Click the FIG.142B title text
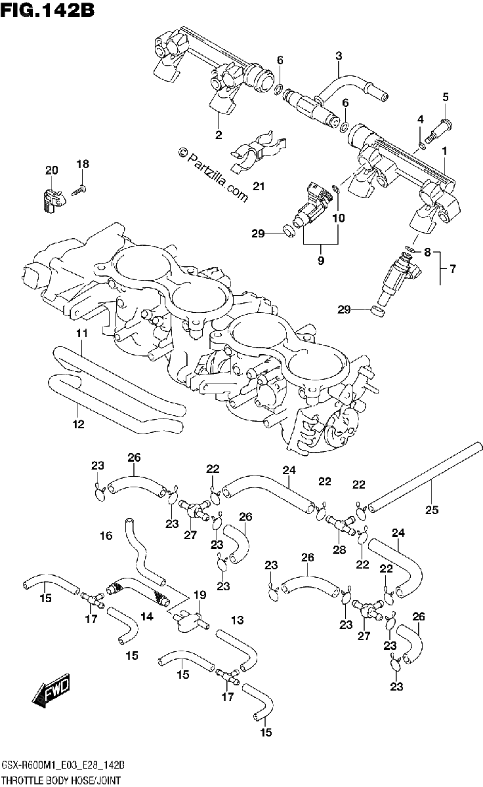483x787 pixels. coord(47,10)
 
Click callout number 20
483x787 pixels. coord(51,171)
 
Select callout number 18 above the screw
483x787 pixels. coord(83,164)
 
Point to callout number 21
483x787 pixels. coord(259,186)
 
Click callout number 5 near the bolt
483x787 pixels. coord(446,97)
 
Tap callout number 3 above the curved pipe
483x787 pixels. coord(339,56)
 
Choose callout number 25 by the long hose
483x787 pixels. coord(432,510)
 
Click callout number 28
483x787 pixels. coord(339,550)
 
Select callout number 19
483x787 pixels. coord(199,595)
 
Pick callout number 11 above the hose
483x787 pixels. coord(82,333)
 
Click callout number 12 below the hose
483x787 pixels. coord(78,424)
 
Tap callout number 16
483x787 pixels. coord(106,536)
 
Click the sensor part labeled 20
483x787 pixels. coord(51,199)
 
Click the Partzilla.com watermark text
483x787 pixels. coord(213,174)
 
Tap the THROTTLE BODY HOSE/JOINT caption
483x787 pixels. coord(61,781)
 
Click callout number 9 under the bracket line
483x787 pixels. coord(321,261)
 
